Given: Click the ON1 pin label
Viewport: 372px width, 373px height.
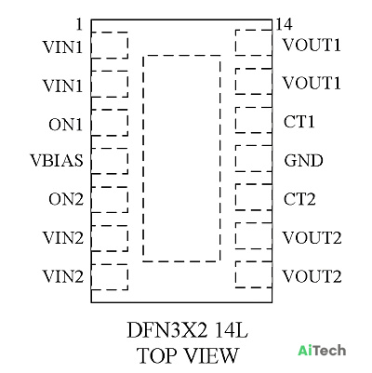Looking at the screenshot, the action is point(66,125).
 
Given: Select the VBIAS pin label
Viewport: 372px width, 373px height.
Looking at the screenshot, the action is point(57,161).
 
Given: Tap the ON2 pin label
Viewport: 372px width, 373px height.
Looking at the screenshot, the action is point(66,199).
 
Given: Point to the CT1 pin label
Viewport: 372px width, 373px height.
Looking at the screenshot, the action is point(299,122).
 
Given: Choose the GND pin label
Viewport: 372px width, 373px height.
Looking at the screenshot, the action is point(303,161).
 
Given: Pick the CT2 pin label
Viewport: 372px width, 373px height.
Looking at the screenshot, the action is point(299,199).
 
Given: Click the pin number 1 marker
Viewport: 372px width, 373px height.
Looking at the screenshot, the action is point(80,24).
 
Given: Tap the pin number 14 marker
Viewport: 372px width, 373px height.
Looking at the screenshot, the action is point(284,24).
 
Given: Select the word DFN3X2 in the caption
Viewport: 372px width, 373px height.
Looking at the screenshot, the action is point(166,330).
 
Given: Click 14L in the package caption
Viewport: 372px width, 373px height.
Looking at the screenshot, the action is point(232,330).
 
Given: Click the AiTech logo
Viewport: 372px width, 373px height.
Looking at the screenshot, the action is point(322,351).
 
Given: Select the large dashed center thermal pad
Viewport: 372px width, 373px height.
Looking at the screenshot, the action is point(143,158).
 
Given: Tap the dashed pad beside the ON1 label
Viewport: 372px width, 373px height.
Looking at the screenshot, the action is point(127,123).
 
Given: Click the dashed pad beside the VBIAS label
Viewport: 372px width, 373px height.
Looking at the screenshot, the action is point(127,161).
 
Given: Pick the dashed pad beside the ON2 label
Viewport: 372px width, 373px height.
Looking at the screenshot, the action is point(127,200).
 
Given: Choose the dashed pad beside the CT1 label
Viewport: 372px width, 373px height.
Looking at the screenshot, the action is point(235,120).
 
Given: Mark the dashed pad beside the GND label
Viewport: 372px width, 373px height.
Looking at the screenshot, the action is point(235,158).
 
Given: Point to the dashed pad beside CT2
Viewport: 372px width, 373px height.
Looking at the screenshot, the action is point(235,197).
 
